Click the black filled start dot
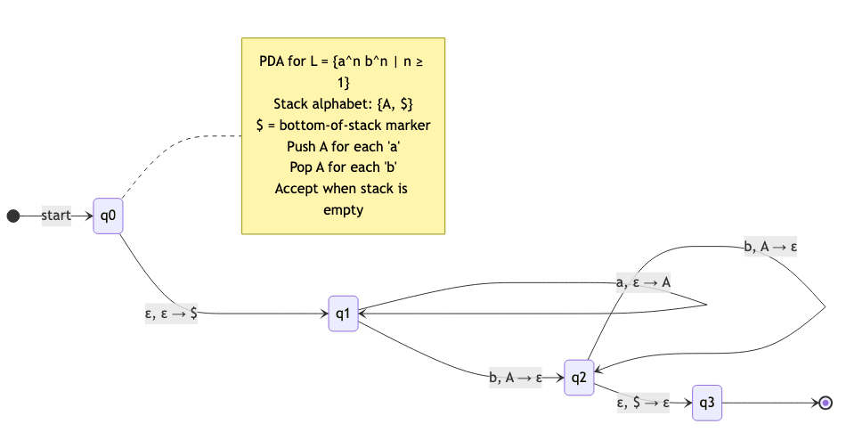pyautogui.click(x=12, y=216)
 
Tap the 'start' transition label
pyautogui.click(x=56, y=216)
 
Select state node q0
pyautogui.click(x=108, y=216)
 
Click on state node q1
pyautogui.click(x=343, y=314)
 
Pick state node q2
pyautogui.click(x=579, y=378)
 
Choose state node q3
pyautogui.click(x=707, y=403)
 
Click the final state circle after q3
pyautogui.click(x=826, y=403)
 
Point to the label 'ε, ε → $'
pyautogui.click(x=171, y=313)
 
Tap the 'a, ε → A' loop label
pyautogui.click(x=643, y=282)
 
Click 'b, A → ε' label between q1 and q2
pyautogui.click(x=516, y=378)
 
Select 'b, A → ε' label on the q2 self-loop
pyautogui.click(x=769, y=248)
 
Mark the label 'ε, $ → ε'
pyautogui.click(x=643, y=403)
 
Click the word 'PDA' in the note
pyautogui.click(x=273, y=61)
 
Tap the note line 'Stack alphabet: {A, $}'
pyautogui.click(x=343, y=104)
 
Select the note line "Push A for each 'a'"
pyautogui.click(x=343, y=146)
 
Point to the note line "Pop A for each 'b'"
pyautogui.click(x=343, y=167)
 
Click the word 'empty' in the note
pyautogui.click(x=343, y=210)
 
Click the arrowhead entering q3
pyautogui.click(x=687, y=403)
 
